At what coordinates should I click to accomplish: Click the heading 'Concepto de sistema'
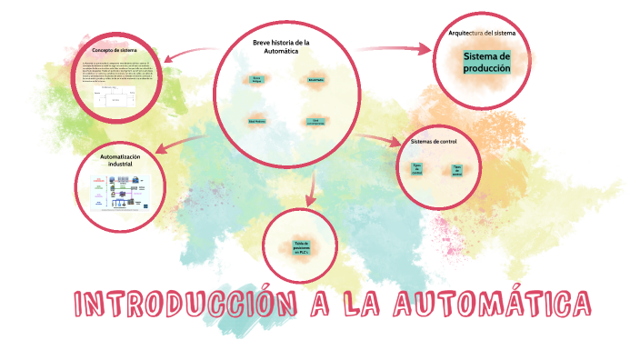[x=115, y=49]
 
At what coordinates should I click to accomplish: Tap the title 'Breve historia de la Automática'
[x=281, y=46]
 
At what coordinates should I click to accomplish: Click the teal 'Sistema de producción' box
[x=487, y=63]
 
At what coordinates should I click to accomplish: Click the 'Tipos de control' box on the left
[x=417, y=169]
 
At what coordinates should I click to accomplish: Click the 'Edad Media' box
[x=315, y=80]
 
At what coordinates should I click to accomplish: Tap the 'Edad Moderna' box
[x=257, y=120]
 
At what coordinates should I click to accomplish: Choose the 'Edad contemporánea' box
[x=315, y=121]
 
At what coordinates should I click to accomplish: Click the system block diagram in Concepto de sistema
[x=112, y=98]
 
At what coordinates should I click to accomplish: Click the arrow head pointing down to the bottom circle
[x=310, y=200]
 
